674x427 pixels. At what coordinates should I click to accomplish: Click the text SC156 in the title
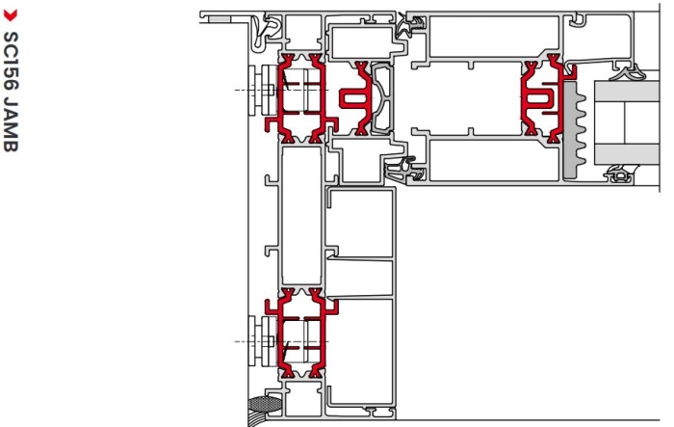(11, 61)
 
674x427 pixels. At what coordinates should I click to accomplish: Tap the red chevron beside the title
(11, 16)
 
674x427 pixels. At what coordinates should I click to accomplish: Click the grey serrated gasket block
(574, 130)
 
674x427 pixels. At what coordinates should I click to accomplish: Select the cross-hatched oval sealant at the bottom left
(265, 404)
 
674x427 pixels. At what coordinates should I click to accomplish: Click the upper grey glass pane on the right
(627, 91)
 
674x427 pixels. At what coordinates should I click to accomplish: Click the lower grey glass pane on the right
(627, 154)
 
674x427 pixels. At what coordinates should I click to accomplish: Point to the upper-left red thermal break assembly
(300, 98)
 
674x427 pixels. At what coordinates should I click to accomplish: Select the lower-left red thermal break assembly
(300, 334)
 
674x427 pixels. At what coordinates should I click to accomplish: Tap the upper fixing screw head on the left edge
(261, 90)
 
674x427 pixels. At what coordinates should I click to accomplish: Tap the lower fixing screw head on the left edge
(261, 342)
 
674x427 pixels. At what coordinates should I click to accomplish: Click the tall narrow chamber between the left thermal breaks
(301, 215)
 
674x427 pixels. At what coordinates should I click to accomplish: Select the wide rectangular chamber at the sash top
(494, 37)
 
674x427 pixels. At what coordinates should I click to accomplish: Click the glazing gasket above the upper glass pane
(628, 72)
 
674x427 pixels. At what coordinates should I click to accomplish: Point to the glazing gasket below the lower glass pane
(620, 173)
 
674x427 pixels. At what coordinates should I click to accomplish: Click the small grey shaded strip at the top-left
(220, 19)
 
